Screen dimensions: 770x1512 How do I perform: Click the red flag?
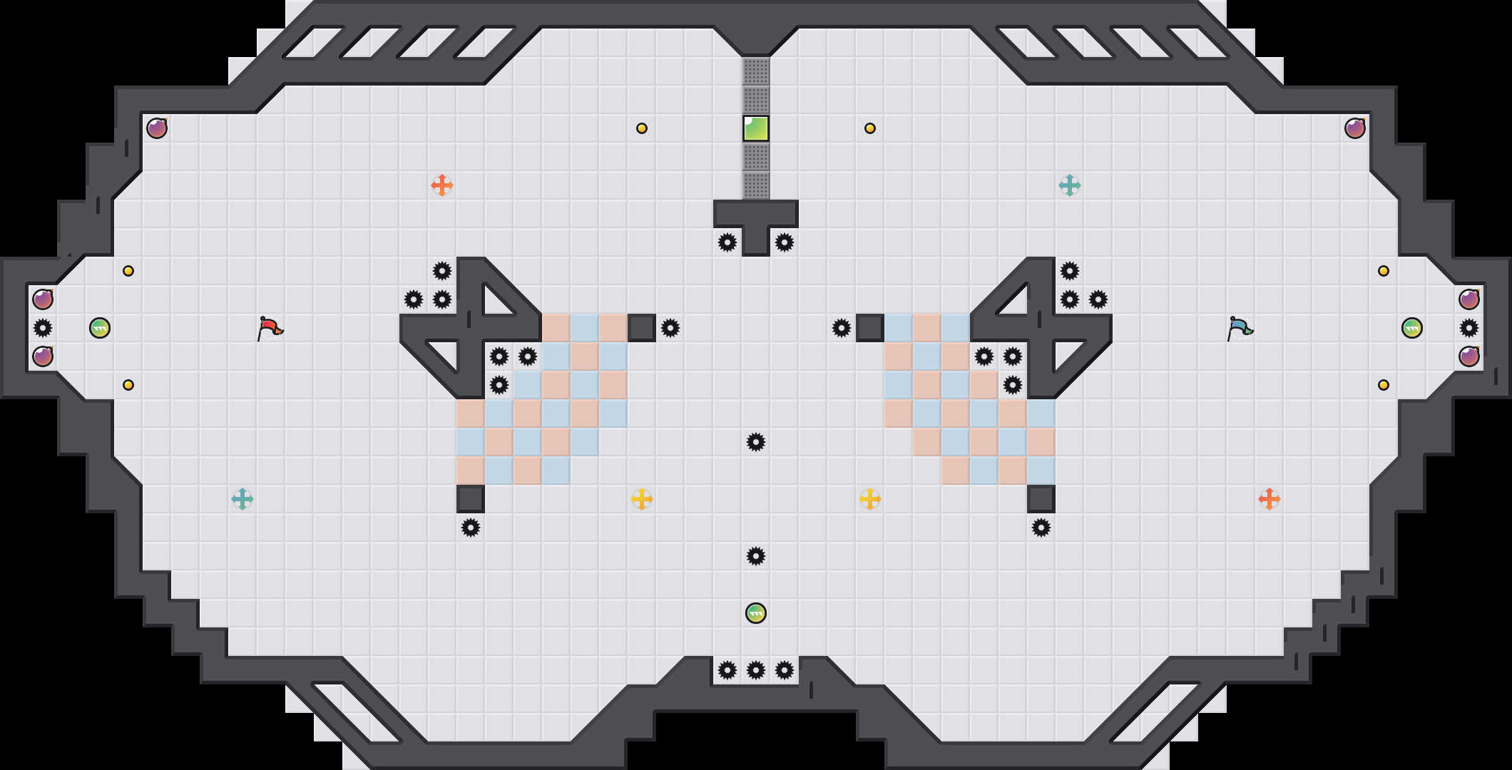[x=269, y=328]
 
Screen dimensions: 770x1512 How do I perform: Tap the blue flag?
[x=1239, y=328]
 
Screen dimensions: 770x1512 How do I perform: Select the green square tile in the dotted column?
[x=756, y=128]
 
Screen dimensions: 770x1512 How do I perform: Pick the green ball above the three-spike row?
[x=756, y=613]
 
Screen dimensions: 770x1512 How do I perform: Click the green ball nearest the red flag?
[x=100, y=328]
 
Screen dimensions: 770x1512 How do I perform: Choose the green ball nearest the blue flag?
[x=1412, y=328]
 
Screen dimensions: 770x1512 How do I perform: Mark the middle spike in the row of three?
[x=756, y=670]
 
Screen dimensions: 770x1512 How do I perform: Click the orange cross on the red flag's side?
[x=442, y=185]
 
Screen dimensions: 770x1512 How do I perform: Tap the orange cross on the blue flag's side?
[x=1270, y=499]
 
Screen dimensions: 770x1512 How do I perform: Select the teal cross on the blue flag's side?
[x=1070, y=185]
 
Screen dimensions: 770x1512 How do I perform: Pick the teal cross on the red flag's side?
[x=242, y=499]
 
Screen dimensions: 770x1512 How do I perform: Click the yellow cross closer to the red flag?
[x=642, y=499]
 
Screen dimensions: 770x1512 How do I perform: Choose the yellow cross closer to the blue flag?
[x=870, y=499]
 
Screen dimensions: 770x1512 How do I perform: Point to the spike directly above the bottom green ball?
[x=756, y=556]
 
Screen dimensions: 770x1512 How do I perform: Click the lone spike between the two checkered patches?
[x=756, y=442]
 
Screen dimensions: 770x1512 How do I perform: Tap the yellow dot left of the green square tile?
[x=642, y=128]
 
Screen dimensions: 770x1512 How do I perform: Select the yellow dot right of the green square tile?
[x=870, y=128]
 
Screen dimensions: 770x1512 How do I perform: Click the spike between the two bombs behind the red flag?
[x=43, y=328]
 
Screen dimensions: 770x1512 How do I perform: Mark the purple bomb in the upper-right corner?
[x=1355, y=128]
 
